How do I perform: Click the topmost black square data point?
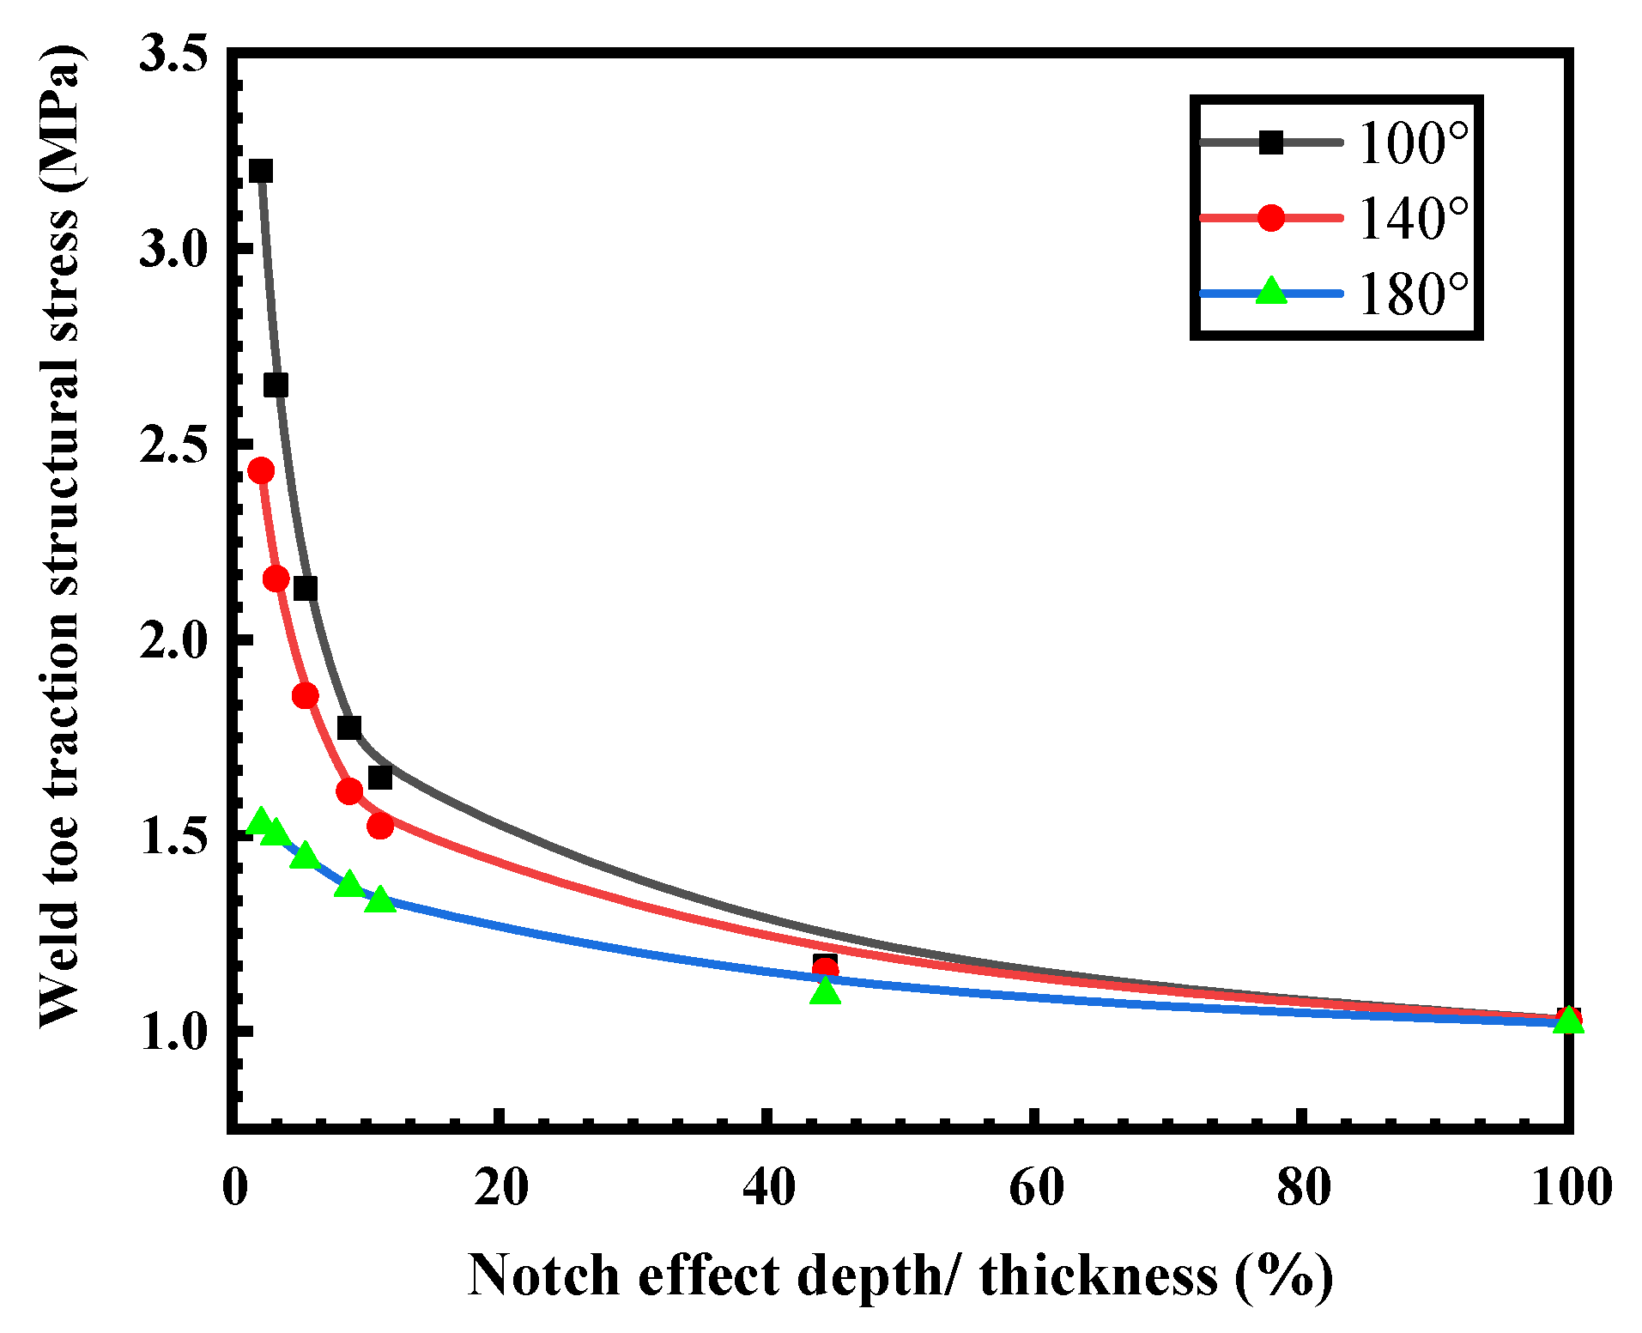[260, 171]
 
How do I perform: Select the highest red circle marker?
[260, 470]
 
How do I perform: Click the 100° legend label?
[1413, 142]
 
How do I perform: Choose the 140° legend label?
[1413, 218]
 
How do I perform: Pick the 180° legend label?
[1413, 294]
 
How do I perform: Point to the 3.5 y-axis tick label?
[174, 53]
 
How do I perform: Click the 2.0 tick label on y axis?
[174, 640]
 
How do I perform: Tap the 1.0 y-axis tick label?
[174, 1031]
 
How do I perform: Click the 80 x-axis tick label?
[1303, 1189]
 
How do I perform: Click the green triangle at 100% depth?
[1567, 1021]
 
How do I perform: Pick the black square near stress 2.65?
[275, 385]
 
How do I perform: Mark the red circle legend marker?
[1270, 218]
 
